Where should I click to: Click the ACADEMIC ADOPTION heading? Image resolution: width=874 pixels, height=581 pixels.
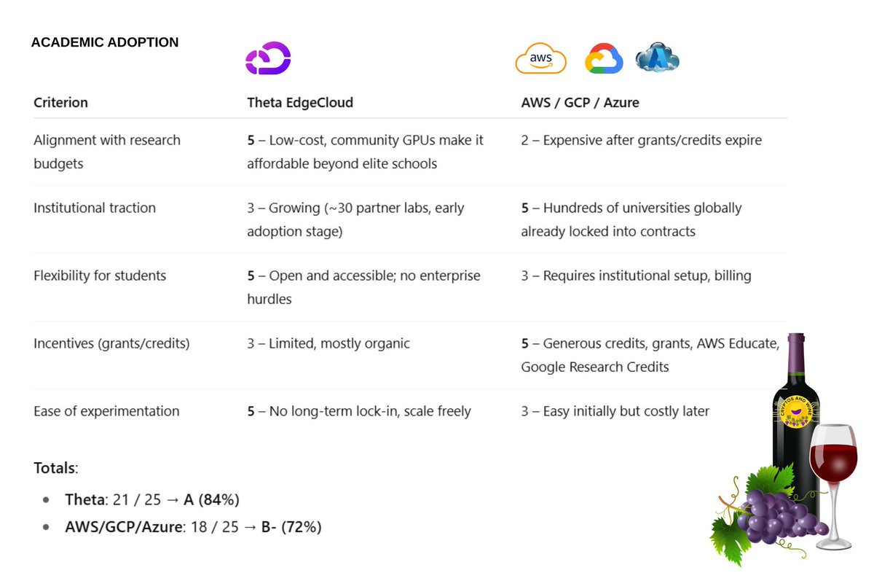click(x=104, y=42)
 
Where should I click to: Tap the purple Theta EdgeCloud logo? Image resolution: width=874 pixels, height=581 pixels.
click(x=268, y=58)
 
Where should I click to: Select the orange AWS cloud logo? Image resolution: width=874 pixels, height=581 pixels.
click(x=540, y=59)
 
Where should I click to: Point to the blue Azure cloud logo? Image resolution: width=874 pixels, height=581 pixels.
click(x=657, y=57)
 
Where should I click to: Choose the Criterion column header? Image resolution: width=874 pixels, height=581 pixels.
click(x=60, y=103)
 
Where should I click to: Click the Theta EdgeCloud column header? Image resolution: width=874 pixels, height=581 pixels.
click(x=300, y=103)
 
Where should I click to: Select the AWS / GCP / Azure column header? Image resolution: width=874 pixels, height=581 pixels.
click(x=580, y=103)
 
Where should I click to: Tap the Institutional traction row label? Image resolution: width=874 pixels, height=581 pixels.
click(x=95, y=208)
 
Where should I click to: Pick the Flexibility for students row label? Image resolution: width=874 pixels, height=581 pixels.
click(x=100, y=276)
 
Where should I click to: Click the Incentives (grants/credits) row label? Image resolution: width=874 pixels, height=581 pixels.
click(x=111, y=343)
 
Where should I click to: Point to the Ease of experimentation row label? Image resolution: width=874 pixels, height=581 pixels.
click(x=106, y=411)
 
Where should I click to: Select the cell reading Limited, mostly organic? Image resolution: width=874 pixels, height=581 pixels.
click(x=328, y=343)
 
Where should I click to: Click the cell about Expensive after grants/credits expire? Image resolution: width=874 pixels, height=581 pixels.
click(x=641, y=140)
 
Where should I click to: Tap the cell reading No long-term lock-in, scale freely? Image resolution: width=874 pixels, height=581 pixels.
click(x=359, y=411)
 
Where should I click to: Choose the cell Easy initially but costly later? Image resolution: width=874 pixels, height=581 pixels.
click(x=615, y=411)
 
